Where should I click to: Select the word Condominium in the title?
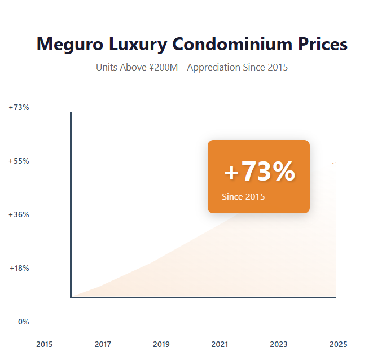click(238, 44)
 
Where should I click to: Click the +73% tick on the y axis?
click(19, 107)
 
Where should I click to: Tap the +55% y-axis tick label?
click(19, 161)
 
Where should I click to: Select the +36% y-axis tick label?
click(19, 214)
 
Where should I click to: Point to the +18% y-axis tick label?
click(19, 268)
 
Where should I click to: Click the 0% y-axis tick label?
click(23, 322)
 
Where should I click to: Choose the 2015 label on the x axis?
click(44, 344)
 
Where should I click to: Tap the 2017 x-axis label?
click(103, 344)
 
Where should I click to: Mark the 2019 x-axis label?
click(161, 344)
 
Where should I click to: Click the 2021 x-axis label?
click(220, 344)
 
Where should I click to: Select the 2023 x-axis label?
click(279, 344)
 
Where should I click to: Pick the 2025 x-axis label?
click(339, 344)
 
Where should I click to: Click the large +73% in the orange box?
click(259, 172)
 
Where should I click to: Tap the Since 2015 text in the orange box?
click(243, 197)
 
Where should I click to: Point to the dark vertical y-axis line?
click(71, 203)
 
